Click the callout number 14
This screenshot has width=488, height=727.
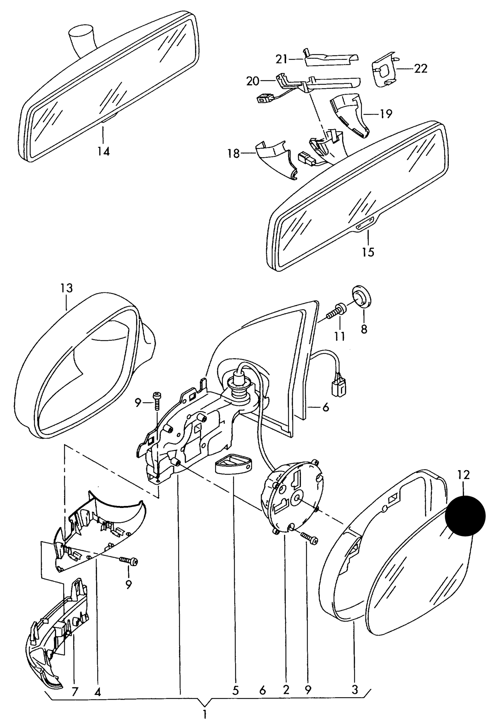click(x=104, y=151)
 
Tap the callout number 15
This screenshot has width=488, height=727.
click(x=368, y=252)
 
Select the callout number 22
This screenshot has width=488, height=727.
click(x=420, y=69)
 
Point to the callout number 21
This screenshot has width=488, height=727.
click(x=281, y=59)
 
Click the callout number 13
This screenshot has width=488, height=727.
click(x=67, y=288)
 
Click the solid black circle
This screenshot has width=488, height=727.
click(x=465, y=516)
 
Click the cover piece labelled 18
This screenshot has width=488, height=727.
click(x=275, y=159)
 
